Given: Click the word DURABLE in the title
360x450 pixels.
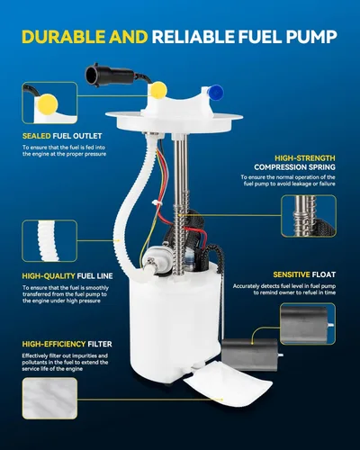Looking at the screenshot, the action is point(63,37).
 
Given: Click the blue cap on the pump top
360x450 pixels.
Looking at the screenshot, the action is point(216,92).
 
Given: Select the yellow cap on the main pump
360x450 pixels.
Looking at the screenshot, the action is point(158,90).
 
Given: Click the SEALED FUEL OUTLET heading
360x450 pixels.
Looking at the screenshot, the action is point(62,136).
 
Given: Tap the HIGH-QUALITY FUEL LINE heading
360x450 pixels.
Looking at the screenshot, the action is point(67,276).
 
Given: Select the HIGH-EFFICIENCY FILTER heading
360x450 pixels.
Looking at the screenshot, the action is point(67,344).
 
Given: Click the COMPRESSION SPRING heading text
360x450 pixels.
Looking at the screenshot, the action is point(294,167).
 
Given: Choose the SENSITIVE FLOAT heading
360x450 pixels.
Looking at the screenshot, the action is point(304,274).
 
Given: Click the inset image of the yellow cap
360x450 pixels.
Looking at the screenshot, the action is point(49,103).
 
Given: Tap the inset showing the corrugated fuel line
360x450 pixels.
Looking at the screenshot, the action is point(49,241).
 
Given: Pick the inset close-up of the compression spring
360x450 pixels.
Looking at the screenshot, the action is point(309,216).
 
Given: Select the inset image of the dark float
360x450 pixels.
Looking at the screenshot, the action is point(308,324).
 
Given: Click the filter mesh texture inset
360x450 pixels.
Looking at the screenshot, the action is point(49,399).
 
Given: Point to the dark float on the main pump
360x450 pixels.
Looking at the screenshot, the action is point(250,355).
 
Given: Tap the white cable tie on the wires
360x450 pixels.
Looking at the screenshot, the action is point(157,203).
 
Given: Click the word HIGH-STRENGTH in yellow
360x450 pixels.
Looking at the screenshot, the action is point(305,158).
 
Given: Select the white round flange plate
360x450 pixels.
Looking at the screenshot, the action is point(174,123).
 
